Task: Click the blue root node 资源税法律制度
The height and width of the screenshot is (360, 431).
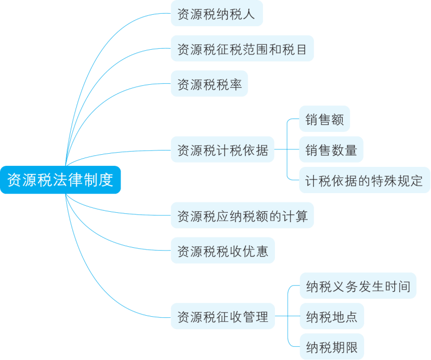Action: coord(60,179)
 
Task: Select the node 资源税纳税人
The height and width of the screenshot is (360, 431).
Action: coord(216,14)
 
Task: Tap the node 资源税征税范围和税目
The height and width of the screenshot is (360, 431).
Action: coord(242,50)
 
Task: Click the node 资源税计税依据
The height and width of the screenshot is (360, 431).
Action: coord(222,150)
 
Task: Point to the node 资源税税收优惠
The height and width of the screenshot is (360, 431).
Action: coord(222,251)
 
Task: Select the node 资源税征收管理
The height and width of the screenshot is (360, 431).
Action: coord(222,316)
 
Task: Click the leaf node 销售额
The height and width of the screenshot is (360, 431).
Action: coord(325,119)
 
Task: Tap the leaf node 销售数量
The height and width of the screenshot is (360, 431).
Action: coord(331,150)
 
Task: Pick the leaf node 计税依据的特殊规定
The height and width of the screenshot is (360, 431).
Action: coord(364,181)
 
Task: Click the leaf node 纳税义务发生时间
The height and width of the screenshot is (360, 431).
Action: coord(358,286)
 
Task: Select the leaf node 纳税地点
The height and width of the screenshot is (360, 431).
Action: coord(331,316)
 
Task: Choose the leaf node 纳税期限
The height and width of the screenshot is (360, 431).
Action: coord(331,347)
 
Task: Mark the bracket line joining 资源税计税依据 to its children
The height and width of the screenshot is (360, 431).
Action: coord(287,149)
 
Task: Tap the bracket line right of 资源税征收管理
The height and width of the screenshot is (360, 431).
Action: coord(287,316)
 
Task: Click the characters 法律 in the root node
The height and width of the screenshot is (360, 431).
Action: coord(67,179)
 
